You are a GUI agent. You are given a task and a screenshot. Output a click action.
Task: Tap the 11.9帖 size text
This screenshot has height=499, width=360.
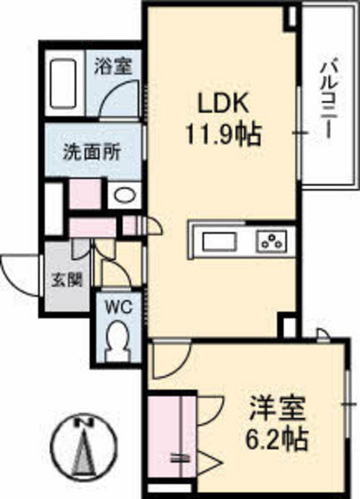[x=223, y=136]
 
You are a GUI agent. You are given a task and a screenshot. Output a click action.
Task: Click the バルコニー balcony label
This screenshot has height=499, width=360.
[x=326, y=95]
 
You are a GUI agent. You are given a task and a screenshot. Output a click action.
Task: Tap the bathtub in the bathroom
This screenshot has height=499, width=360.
[x=63, y=86]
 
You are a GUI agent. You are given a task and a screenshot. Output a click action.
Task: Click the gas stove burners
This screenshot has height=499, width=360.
[x=271, y=241]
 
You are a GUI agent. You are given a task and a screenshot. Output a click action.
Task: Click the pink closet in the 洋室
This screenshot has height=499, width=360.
[x=166, y=437]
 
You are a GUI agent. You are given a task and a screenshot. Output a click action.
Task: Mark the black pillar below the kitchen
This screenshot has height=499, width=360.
[x=287, y=325]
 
